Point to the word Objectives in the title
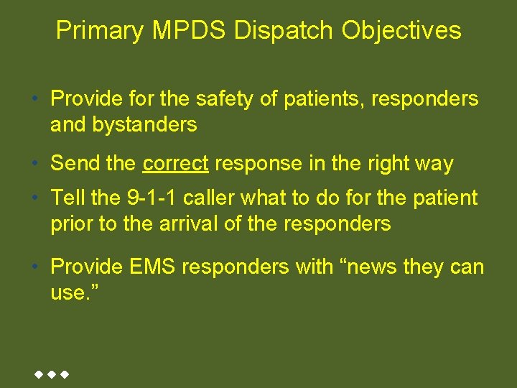(x=401, y=30)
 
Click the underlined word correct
(x=175, y=164)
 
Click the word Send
(x=75, y=164)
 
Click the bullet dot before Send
(x=35, y=164)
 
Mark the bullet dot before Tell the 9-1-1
(x=35, y=198)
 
